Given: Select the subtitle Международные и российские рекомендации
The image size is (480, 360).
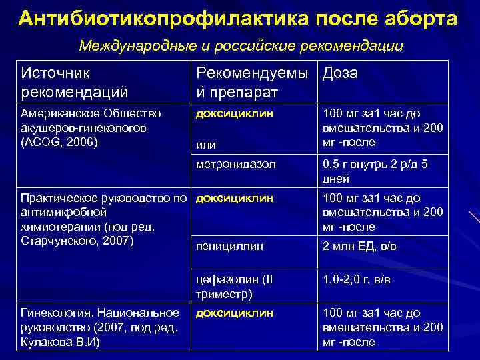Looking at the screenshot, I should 241,46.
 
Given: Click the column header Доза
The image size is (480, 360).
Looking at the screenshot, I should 340,73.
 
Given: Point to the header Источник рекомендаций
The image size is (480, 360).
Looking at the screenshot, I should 75,81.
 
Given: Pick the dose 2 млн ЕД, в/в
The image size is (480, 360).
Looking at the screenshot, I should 360,246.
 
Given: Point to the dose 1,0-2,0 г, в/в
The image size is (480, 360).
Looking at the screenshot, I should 357,279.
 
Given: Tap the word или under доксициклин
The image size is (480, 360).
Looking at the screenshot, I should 205,143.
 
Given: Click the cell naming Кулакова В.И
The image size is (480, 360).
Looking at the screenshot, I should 101,327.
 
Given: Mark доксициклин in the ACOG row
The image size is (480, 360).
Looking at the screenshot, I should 234,113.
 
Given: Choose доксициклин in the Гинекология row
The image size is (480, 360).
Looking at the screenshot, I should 234,312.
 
